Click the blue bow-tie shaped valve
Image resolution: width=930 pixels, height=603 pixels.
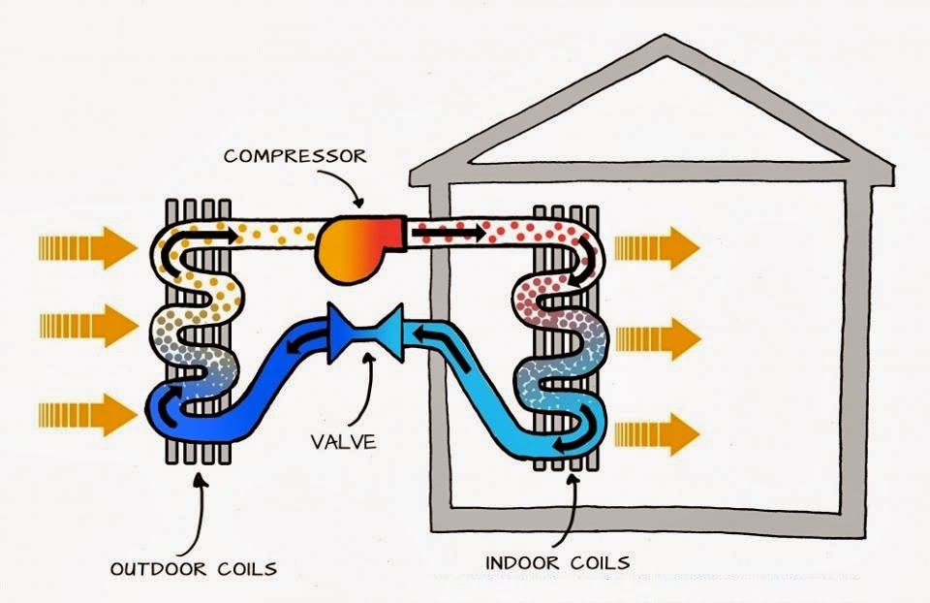pos(365,332)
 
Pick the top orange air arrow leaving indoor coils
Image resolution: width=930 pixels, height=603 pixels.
pos(656,249)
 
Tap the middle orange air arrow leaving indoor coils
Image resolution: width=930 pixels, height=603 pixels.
pos(656,338)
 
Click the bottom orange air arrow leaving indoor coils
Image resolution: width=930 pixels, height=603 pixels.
pos(656,431)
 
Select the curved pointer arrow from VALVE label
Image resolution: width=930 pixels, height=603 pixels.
pos(364,393)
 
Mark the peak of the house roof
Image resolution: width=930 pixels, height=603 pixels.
pos(663,41)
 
